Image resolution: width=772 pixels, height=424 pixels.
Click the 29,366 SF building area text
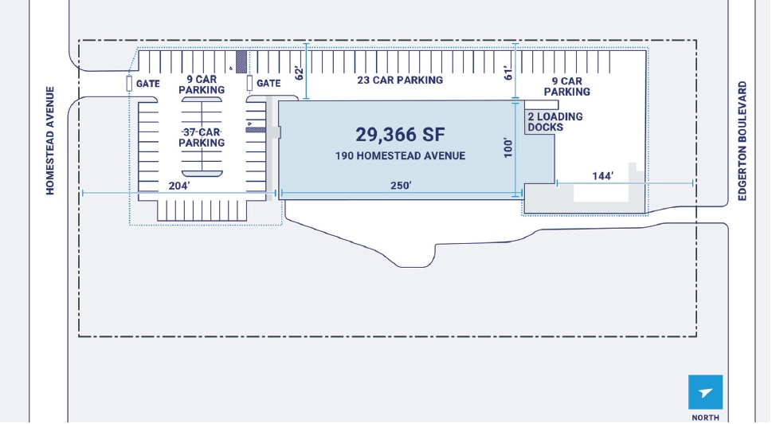[400, 135]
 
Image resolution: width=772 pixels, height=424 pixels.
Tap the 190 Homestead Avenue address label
[400, 156]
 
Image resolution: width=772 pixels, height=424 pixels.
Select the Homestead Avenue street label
[50, 141]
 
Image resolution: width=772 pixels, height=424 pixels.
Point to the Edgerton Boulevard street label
[743, 141]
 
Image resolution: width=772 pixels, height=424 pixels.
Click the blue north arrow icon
[706, 392]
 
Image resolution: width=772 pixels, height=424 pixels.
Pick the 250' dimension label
[401, 186]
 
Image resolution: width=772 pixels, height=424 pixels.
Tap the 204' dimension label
[179, 186]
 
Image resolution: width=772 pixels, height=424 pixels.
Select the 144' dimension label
[603, 176]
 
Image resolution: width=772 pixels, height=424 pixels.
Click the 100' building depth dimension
[508, 147]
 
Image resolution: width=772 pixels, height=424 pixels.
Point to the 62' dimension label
[300, 73]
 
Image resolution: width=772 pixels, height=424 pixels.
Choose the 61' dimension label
[508, 73]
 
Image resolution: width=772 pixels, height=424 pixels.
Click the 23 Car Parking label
[400, 80]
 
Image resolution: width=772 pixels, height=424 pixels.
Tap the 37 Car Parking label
[202, 137]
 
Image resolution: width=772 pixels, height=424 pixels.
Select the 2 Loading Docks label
[555, 122]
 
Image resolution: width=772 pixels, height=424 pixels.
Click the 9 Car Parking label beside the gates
[202, 84]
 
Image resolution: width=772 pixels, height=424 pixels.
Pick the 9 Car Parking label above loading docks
[567, 86]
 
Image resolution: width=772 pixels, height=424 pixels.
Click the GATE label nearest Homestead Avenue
[148, 84]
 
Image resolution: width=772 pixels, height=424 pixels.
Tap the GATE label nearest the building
[268, 84]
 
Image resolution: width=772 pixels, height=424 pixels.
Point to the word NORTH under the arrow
[706, 418]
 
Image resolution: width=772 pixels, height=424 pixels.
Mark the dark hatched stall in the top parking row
[241, 62]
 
